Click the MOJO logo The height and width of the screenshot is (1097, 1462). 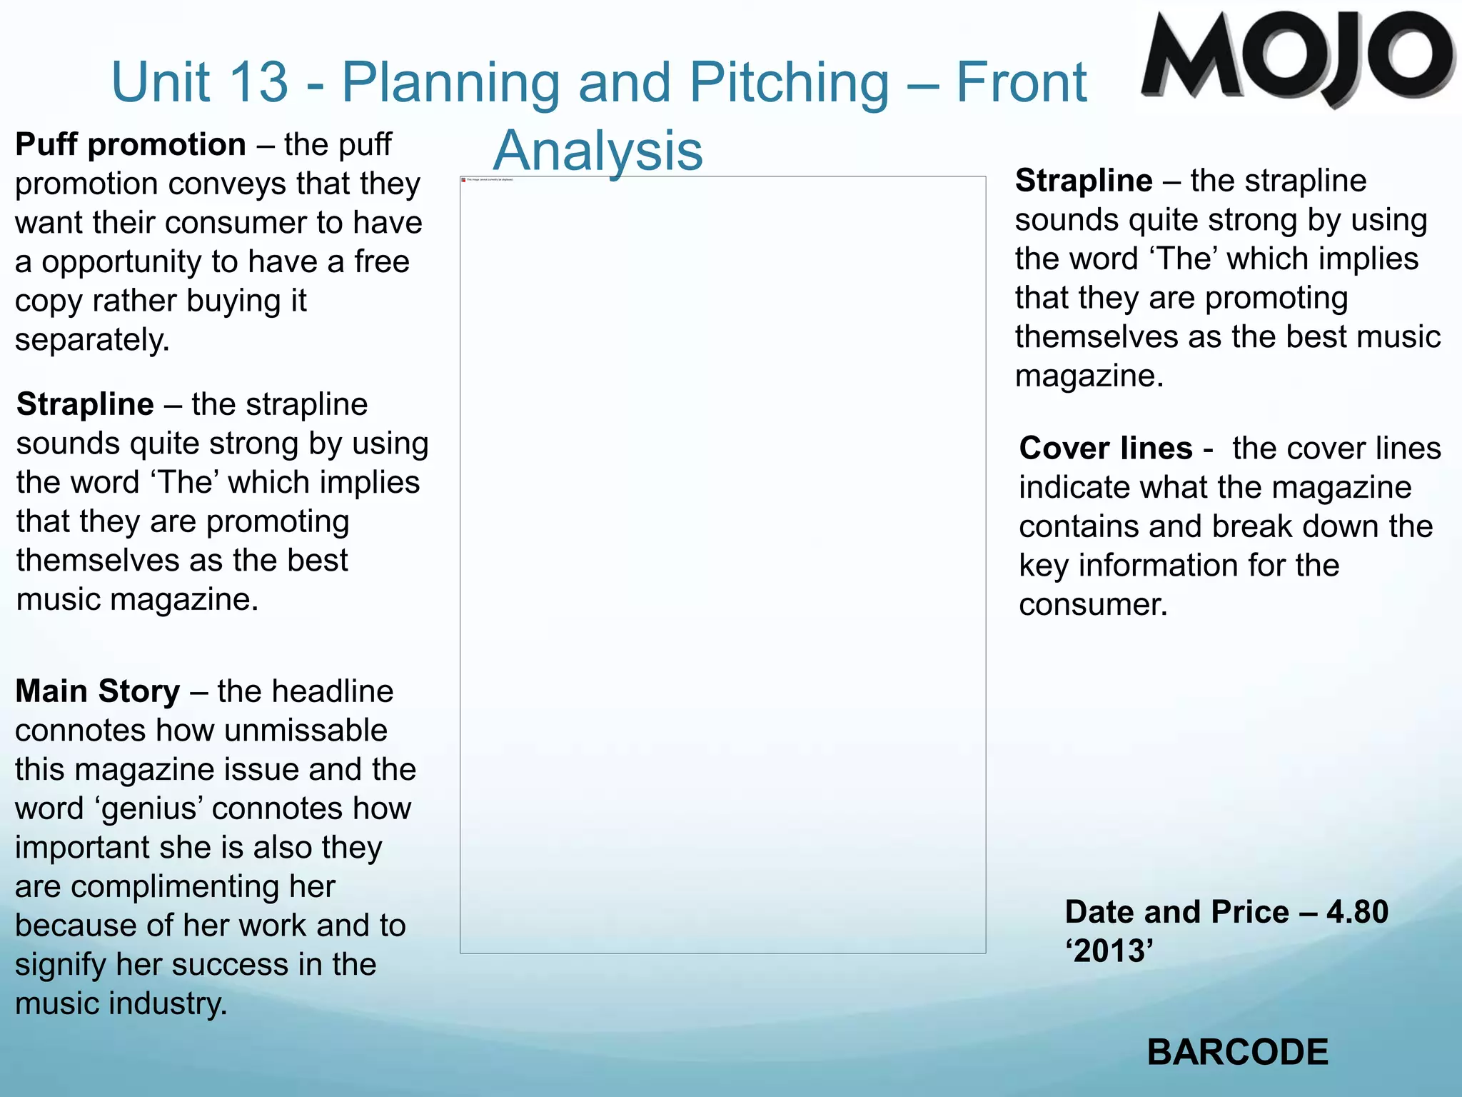click(x=1296, y=57)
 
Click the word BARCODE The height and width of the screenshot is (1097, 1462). click(x=1237, y=1052)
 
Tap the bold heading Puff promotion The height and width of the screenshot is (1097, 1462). click(x=131, y=145)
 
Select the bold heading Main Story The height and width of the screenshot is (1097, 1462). click(x=98, y=691)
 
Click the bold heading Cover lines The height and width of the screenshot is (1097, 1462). click(x=1105, y=449)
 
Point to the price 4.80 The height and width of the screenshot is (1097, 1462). click(x=1357, y=912)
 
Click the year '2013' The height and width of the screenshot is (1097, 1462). click(x=1109, y=951)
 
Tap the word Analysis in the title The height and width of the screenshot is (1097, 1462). click(x=598, y=151)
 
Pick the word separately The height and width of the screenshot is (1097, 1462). click(x=92, y=340)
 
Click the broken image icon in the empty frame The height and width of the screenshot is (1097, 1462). click(x=463, y=180)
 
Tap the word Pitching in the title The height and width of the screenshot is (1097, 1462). click(x=790, y=83)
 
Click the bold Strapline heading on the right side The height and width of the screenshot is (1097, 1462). click(x=1084, y=181)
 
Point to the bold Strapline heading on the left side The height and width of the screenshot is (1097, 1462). click(x=85, y=404)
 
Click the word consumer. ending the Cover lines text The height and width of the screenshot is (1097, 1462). click(x=1093, y=605)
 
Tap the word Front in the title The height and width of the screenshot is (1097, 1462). click(x=1021, y=81)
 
